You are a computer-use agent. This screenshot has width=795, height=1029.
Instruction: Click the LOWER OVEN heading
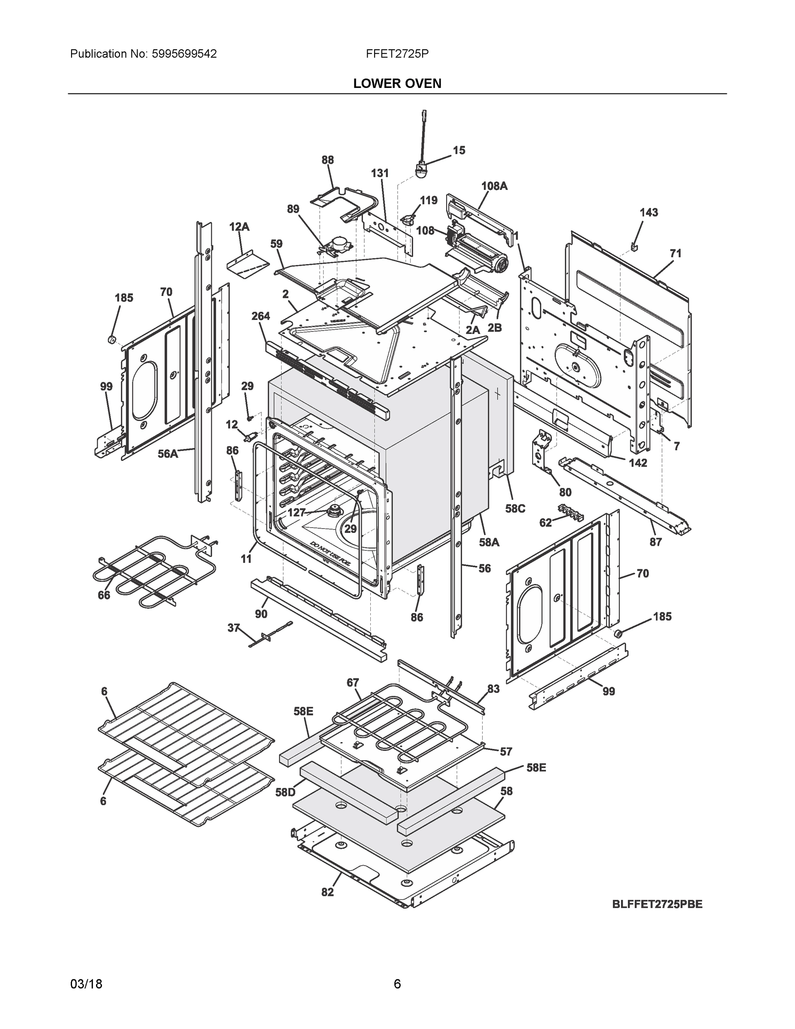click(x=397, y=84)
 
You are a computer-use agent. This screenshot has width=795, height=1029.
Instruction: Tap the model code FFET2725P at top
click(x=397, y=54)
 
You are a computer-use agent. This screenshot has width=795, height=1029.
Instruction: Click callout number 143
click(x=648, y=213)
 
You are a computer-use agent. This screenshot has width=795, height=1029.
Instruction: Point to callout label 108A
click(x=494, y=186)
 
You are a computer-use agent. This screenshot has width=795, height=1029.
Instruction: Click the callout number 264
click(x=260, y=316)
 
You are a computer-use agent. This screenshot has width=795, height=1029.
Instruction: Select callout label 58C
click(x=515, y=508)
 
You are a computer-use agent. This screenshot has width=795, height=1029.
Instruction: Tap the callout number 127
click(x=297, y=513)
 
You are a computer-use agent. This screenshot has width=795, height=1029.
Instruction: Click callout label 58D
click(x=285, y=792)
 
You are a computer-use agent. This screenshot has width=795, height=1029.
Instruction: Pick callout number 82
click(x=327, y=892)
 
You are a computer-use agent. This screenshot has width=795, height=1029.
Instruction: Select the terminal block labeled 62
click(x=570, y=513)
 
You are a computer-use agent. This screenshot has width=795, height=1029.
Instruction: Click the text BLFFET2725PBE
click(x=657, y=904)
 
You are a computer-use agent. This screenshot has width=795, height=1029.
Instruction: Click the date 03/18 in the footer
click(x=86, y=984)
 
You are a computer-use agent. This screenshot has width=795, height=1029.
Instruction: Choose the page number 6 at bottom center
click(x=397, y=984)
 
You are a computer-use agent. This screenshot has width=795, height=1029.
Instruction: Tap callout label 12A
click(x=239, y=227)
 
